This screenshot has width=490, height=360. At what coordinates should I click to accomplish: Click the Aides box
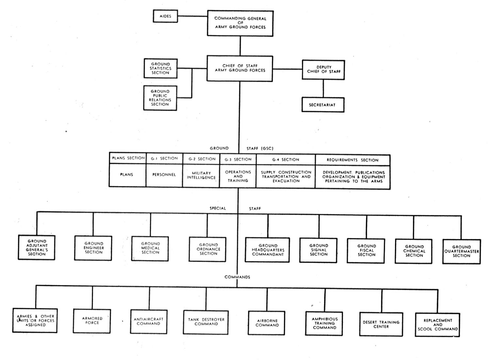[165, 16]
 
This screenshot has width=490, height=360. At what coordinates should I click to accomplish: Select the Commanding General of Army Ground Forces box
[240, 23]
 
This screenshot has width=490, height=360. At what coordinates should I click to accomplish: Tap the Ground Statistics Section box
[161, 68]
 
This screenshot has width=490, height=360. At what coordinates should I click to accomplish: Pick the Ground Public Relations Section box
[160, 98]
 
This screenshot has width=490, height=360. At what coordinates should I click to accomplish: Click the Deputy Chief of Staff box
[323, 70]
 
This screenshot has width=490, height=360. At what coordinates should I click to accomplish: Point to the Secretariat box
[323, 105]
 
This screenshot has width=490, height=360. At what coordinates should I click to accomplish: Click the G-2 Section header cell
[201, 159]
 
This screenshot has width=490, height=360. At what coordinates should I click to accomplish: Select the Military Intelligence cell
[201, 176]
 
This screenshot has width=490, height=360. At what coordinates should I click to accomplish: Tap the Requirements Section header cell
[352, 160]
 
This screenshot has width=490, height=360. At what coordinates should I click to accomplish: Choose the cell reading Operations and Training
[238, 176]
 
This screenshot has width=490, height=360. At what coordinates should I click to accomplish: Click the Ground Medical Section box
[150, 249]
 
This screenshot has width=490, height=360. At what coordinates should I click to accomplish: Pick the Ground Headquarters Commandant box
[268, 250]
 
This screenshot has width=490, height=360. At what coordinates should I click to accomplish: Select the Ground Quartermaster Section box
[462, 251]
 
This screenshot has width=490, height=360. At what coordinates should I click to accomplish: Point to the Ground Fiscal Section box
[366, 250]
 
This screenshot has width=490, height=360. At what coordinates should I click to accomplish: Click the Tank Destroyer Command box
[206, 322]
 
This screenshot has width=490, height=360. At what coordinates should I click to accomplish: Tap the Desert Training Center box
[381, 324]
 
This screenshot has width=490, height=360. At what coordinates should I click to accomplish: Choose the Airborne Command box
[267, 323]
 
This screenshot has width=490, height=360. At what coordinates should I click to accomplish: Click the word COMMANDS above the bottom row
[237, 277]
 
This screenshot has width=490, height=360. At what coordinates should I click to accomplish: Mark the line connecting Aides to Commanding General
[192, 16]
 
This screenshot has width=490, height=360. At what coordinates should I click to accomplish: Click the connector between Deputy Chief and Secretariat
[323, 89]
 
